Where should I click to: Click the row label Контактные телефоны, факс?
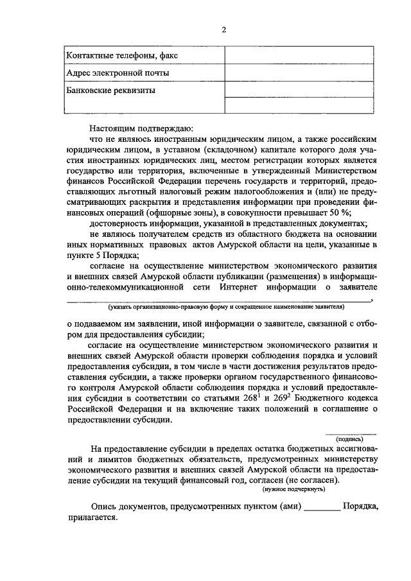coord(122,56)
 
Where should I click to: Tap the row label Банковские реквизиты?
coord(111,91)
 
